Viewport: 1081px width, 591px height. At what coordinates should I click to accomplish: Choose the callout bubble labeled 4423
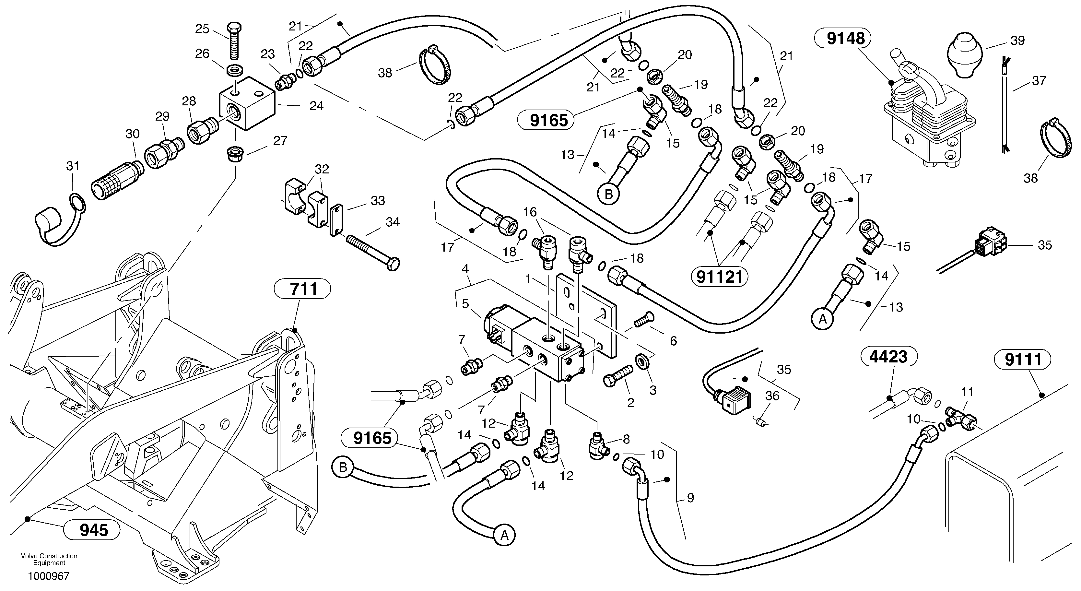889,357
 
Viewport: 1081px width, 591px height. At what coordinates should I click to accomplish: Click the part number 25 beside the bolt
202,29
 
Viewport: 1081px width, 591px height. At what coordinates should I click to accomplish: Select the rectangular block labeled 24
248,104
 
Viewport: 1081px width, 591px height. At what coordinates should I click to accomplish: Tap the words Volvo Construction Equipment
49,559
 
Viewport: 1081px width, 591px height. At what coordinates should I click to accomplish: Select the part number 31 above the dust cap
73,166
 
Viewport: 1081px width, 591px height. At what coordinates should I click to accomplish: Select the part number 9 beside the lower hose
690,498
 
